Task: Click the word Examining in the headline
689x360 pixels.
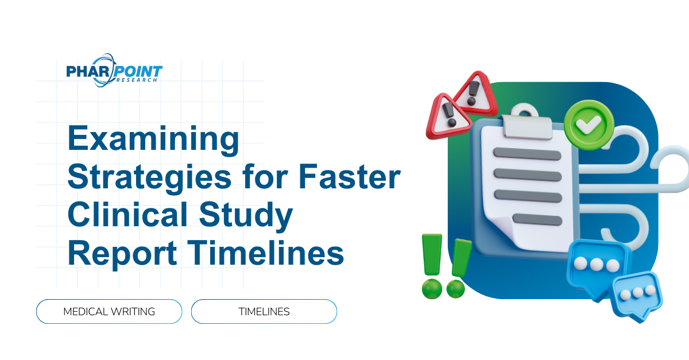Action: (x=153, y=141)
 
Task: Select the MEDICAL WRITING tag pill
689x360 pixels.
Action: (x=109, y=312)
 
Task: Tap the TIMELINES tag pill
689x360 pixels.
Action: (x=264, y=312)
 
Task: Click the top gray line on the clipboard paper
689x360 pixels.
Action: (x=527, y=154)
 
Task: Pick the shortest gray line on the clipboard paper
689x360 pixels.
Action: (x=537, y=219)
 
